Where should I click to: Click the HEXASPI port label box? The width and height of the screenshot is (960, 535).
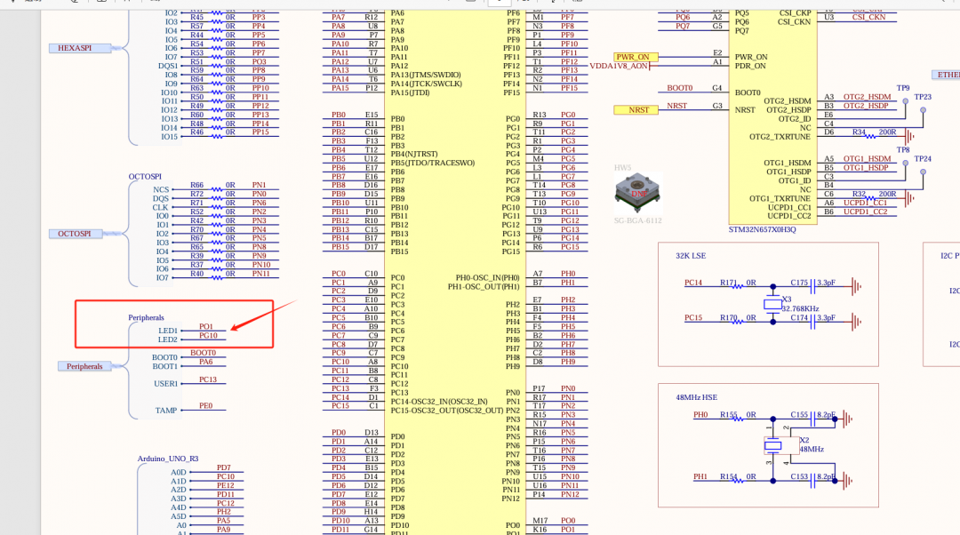[75, 48]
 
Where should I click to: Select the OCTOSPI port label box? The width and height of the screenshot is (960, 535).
[75, 234]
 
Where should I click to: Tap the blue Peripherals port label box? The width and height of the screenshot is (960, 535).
[84, 366]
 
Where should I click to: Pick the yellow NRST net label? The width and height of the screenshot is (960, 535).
[639, 109]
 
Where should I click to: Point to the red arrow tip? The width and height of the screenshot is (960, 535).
[232, 328]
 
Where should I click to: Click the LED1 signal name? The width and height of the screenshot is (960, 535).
[168, 331]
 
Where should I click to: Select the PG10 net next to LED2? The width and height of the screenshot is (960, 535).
[208, 336]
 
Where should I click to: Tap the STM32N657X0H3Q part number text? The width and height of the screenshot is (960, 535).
[763, 228]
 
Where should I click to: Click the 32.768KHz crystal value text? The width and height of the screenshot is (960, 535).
[800, 308]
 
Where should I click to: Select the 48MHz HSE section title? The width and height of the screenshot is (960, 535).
[696, 397]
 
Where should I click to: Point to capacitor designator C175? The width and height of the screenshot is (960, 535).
[799, 283]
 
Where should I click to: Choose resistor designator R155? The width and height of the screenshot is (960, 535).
[729, 414]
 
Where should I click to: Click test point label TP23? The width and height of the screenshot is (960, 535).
[923, 97]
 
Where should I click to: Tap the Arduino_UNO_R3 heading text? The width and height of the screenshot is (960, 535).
[168, 459]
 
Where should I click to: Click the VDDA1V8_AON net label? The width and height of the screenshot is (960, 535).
[619, 66]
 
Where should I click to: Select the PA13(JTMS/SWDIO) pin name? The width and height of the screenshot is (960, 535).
[425, 75]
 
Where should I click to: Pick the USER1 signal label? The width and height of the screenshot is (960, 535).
[166, 384]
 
